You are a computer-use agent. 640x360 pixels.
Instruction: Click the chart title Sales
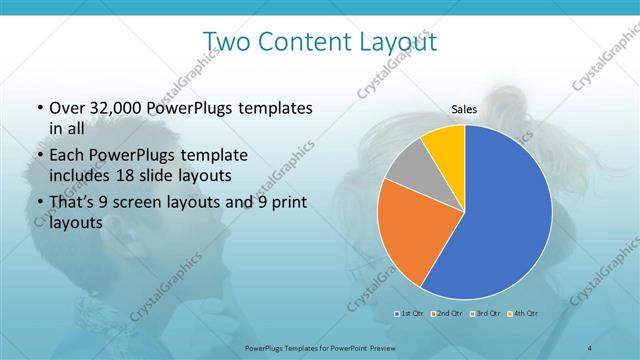463,109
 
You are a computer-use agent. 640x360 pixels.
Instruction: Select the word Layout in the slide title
390,42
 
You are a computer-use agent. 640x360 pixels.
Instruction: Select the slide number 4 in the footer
589,347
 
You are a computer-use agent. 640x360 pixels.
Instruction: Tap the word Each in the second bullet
64,156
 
